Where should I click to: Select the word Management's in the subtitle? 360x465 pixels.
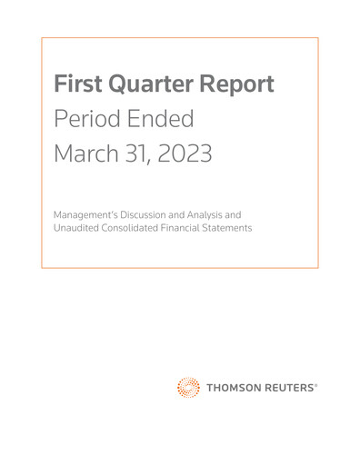(x=85, y=214)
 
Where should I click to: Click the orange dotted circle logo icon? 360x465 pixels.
(x=188, y=387)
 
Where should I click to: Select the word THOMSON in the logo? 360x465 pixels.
(x=232, y=388)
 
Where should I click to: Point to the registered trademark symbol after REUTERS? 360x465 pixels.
(x=316, y=384)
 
